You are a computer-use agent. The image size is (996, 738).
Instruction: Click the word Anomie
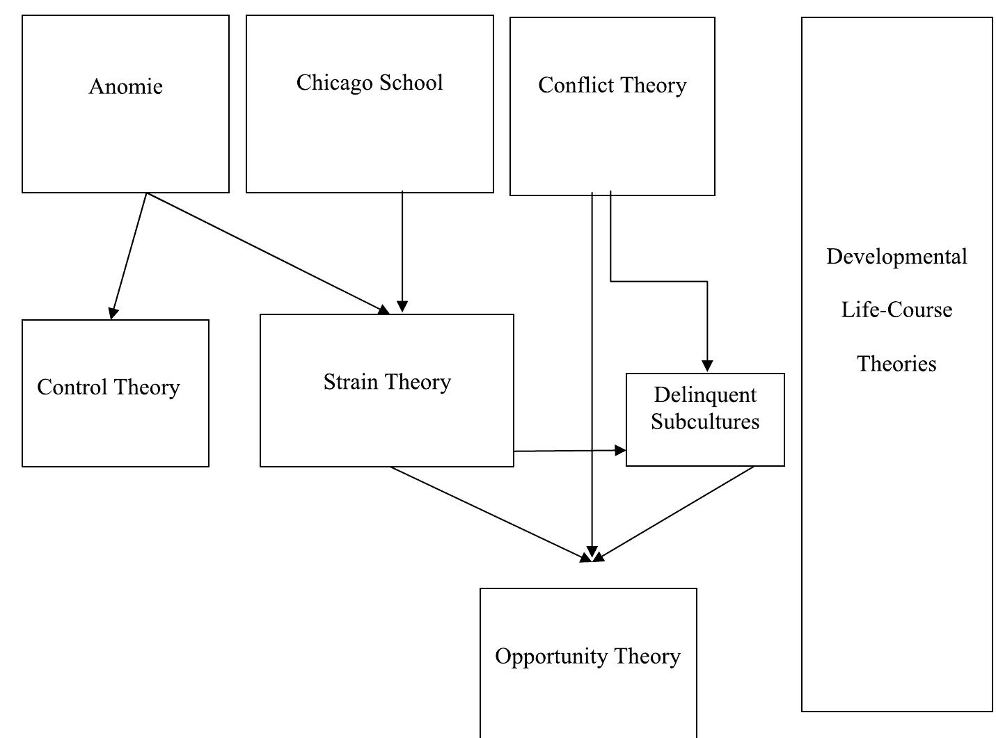[125, 86]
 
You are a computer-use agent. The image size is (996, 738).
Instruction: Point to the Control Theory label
[109, 387]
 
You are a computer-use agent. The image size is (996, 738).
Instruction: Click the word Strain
[351, 382]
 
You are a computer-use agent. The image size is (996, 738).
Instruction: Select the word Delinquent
[704, 395]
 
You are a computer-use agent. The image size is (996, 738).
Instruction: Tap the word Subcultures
[704, 422]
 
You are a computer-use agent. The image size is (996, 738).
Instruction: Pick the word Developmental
[896, 257]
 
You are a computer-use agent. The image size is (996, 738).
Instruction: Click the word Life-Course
[896, 310]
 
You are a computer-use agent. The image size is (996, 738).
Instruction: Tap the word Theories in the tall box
[896, 363]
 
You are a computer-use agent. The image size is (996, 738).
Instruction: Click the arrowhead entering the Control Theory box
[113, 313]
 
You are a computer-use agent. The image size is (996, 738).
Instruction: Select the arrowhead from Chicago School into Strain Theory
[402, 307]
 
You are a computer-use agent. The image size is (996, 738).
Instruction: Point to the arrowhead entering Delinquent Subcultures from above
[707, 366]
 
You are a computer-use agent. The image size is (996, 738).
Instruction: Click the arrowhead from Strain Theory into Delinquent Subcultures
[620, 451]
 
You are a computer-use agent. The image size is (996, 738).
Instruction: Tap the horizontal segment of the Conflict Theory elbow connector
[659, 282]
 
